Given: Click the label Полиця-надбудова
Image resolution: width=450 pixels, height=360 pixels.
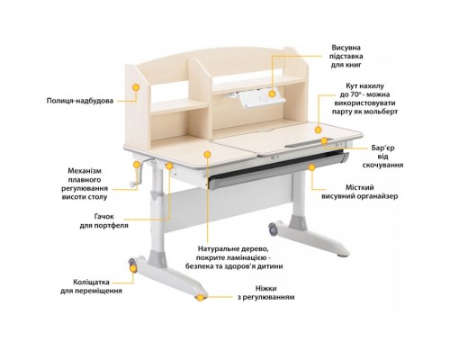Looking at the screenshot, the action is point(80,101).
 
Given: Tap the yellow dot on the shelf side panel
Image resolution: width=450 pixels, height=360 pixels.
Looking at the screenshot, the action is point(136,87).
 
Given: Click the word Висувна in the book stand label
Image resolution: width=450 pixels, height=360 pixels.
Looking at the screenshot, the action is point(346,48).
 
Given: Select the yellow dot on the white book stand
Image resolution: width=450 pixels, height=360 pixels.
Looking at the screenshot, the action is point(272,94).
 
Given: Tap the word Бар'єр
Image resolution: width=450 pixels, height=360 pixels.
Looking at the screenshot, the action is point(383,148).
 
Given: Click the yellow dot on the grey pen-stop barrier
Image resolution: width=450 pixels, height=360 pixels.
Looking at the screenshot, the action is point(324,140).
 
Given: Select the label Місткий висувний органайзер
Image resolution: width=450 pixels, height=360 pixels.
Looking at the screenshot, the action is point(360,192).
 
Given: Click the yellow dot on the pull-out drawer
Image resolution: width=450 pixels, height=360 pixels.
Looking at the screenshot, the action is point(311,167).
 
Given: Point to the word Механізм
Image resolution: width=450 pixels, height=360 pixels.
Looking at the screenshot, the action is point(85,171).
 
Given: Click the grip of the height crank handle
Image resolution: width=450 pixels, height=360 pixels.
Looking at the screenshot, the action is point(132,184).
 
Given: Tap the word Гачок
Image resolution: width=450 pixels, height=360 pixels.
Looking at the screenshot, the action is point(103,217).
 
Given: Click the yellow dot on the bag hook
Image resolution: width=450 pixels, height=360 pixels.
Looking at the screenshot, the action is point(169,166).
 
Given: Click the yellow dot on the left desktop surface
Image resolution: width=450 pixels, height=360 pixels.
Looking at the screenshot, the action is point(207,155).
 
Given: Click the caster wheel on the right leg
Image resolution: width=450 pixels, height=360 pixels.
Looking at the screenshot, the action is point(274,229).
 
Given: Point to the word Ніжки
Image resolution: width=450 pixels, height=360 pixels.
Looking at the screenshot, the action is point(265,289).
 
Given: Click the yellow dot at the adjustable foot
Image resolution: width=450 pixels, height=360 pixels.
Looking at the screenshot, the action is point(200,298).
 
